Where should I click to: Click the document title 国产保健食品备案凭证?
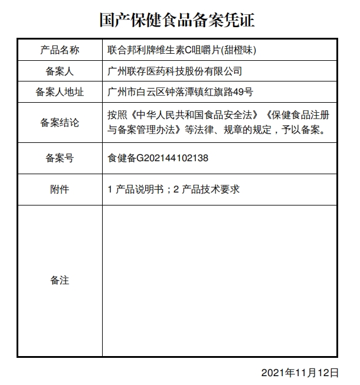point(177,21)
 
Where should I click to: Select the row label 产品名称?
point(60,50)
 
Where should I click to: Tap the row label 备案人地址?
point(60,92)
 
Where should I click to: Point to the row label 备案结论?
point(60,123)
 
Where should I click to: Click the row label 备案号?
point(60,158)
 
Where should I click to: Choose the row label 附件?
point(60,190)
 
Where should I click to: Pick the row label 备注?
point(60,280)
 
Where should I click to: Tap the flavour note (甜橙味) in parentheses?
point(238,50)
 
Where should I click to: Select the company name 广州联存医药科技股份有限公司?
point(175,71)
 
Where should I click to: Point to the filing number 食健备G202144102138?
point(158,158)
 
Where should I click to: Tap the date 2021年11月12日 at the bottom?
point(300,373)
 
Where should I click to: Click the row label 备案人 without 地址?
point(60,71)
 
